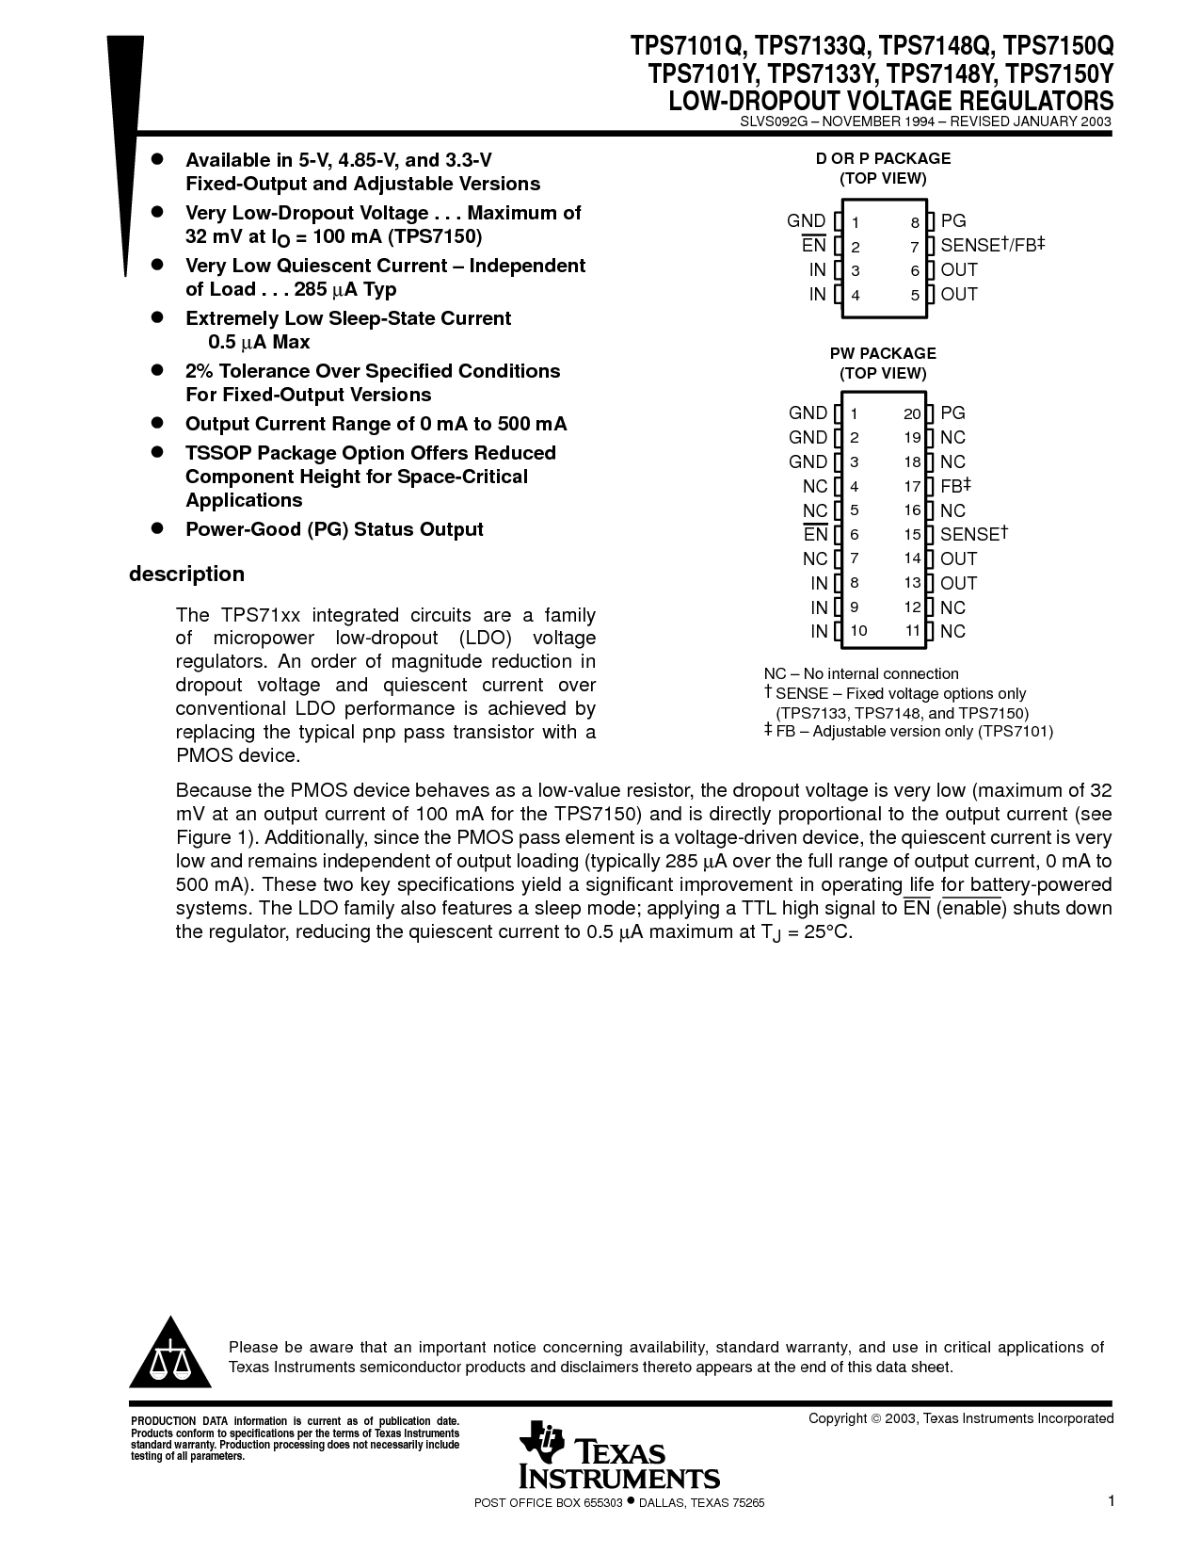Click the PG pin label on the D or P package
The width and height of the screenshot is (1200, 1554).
(x=953, y=221)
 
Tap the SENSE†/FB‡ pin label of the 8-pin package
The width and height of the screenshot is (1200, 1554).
(x=993, y=246)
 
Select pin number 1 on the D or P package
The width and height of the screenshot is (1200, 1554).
(x=856, y=223)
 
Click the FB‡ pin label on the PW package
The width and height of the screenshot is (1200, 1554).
(x=955, y=486)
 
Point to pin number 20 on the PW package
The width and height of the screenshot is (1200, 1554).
(x=911, y=413)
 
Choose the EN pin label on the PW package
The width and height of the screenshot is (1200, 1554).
(x=815, y=535)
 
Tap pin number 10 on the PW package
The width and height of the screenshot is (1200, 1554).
(x=858, y=631)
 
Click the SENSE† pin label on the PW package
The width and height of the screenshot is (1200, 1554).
(x=974, y=534)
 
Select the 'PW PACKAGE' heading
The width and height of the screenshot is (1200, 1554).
(x=883, y=353)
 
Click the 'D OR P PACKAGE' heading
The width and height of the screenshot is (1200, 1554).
(x=883, y=158)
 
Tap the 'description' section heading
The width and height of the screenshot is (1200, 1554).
(x=186, y=575)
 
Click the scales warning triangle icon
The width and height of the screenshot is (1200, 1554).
(x=170, y=1354)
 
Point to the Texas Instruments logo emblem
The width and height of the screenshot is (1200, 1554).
(x=542, y=1443)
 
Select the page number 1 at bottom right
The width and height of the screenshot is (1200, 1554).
(x=1112, y=1501)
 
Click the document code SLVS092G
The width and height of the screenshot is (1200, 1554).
(x=772, y=121)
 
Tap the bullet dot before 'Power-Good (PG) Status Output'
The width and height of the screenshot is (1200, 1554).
(x=158, y=528)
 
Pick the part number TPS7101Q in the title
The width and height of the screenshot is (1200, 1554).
(x=688, y=47)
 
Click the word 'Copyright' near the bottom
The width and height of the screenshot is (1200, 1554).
(x=838, y=1418)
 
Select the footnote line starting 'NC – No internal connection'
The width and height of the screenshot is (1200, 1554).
(x=860, y=673)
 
